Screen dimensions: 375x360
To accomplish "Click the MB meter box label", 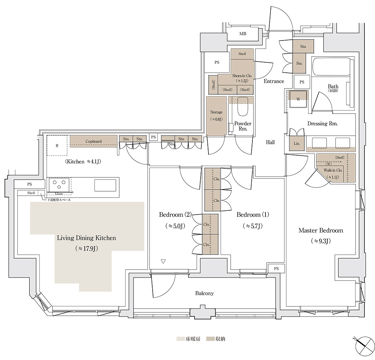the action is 243,34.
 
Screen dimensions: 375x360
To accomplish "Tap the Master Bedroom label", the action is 321,231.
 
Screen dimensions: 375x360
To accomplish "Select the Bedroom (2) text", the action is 175,214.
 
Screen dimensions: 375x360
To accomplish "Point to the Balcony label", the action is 204,293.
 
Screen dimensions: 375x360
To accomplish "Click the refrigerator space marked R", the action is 57,145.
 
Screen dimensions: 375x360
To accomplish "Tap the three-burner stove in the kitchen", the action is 59,184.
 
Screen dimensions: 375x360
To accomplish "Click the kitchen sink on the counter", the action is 105,185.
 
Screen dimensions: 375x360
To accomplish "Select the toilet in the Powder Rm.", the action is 243,106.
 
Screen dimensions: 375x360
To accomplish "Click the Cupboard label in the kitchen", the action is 93,141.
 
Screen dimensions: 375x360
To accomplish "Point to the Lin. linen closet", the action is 297,144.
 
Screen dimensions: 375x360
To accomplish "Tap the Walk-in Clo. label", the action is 333,170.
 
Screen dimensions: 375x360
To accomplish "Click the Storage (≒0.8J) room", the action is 216,116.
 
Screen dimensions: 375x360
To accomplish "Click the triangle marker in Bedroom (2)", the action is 163,261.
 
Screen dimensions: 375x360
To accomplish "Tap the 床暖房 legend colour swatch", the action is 181,339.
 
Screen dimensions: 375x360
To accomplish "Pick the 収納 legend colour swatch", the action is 210,339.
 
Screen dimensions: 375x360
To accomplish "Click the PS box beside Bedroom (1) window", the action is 276,268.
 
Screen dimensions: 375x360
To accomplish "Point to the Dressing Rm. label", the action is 322,124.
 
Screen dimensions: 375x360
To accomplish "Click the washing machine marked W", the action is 298,99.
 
